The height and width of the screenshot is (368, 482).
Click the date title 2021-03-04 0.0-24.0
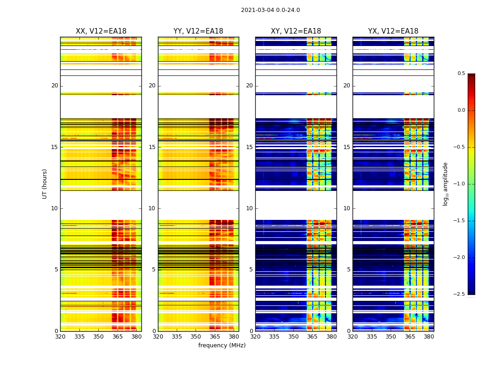pos(270,10)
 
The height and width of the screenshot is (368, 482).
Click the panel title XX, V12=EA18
pos(101,31)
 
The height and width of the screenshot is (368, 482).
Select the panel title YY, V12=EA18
pos(198,31)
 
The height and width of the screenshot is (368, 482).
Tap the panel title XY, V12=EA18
pos(296,31)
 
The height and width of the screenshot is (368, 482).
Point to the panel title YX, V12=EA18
pos(393,31)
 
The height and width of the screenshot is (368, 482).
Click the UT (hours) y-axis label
pos(45,184)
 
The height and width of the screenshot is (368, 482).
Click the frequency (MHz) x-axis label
pos(222,345)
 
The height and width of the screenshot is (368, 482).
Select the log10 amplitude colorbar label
pos(445,184)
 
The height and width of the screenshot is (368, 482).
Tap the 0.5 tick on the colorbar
pos(461,74)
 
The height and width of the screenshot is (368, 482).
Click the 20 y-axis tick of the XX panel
pos(55,86)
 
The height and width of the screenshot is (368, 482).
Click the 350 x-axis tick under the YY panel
pos(196,337)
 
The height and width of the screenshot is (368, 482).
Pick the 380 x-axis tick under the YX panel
pos(429,337)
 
